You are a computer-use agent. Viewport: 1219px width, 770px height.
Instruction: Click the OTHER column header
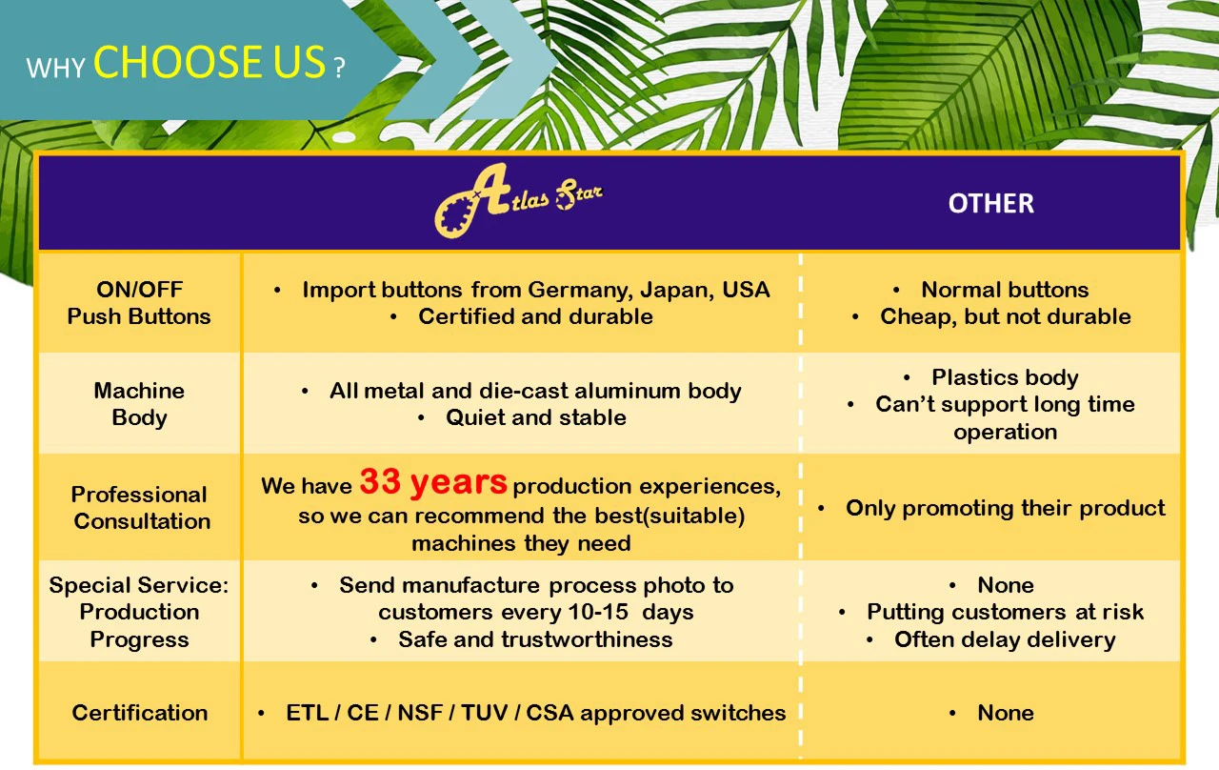[990, 203]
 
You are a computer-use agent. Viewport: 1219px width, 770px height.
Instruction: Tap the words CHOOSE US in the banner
[210, 63]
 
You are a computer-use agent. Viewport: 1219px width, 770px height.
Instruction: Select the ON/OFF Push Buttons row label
[139, 303]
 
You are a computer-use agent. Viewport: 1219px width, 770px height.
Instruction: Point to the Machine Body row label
[139, 404]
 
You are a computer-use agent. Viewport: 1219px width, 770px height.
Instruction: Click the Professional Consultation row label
[140, 508]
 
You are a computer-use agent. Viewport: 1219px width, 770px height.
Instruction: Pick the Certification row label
[140, 713]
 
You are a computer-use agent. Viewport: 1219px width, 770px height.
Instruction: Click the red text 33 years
[433, 482]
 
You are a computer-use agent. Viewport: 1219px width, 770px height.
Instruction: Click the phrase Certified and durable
[535, 317]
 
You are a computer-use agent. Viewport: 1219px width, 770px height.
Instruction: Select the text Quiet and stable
[535, 417]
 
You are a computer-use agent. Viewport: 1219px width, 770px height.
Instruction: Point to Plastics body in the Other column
[1005, 377]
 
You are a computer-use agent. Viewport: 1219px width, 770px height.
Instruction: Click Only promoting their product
[1005, 508]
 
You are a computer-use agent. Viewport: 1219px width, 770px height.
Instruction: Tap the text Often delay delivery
[1005, 639]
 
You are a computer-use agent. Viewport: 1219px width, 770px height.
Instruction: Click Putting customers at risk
[1005, 612]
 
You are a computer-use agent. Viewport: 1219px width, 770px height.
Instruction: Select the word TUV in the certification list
[484, 713]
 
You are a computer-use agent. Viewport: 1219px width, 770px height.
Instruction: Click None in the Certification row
[1005, 713]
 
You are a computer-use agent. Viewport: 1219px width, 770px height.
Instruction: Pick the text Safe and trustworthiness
[535, 639]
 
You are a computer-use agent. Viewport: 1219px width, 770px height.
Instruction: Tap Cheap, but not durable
[1005, 317]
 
